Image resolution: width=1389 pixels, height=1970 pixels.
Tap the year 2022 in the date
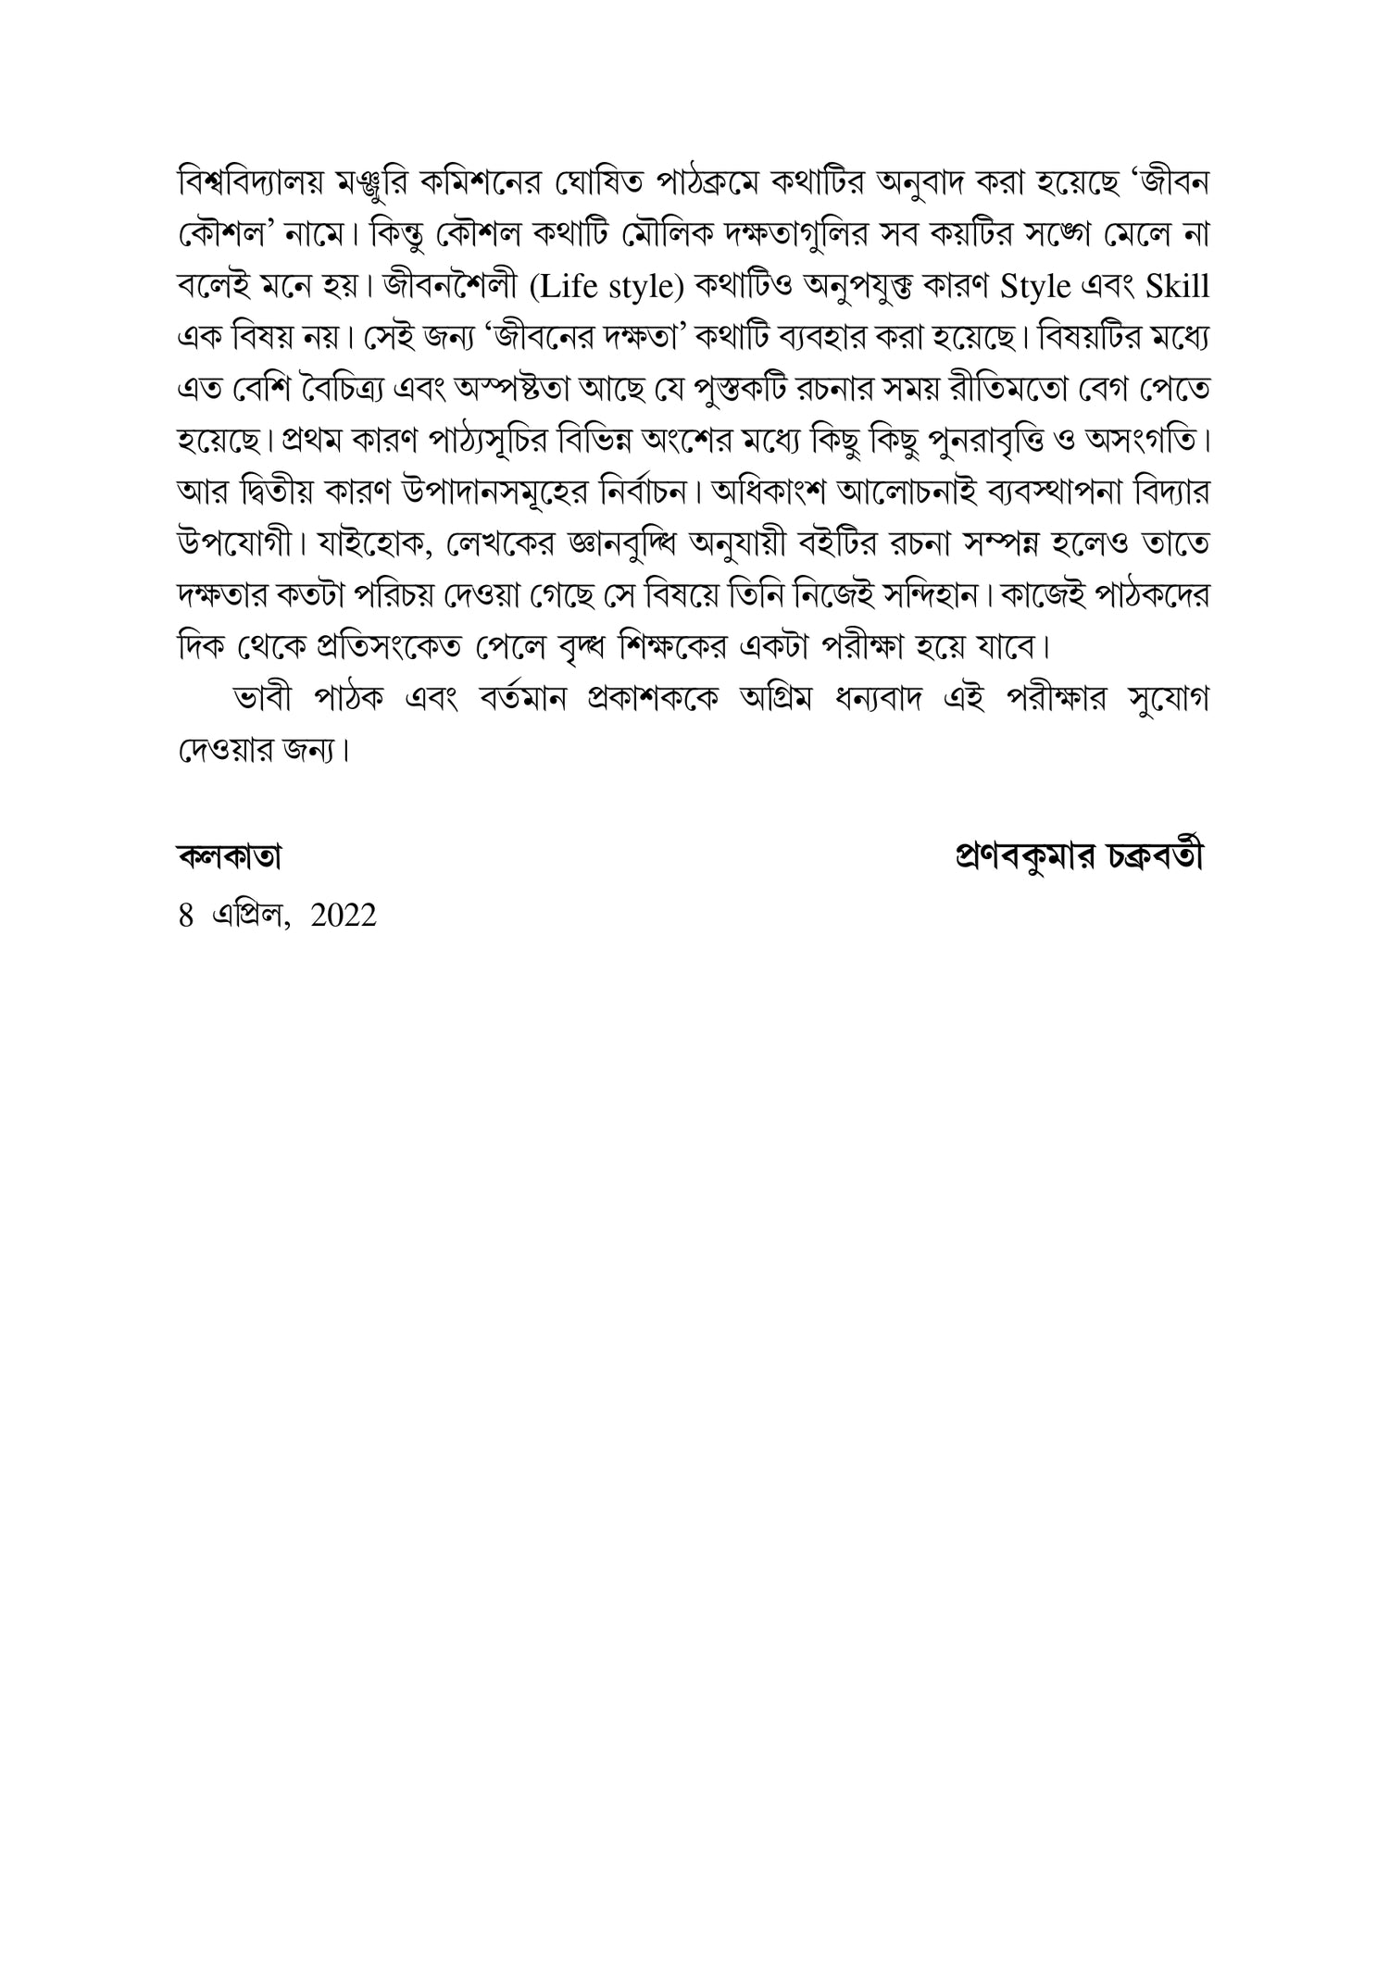coord(344,916)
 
